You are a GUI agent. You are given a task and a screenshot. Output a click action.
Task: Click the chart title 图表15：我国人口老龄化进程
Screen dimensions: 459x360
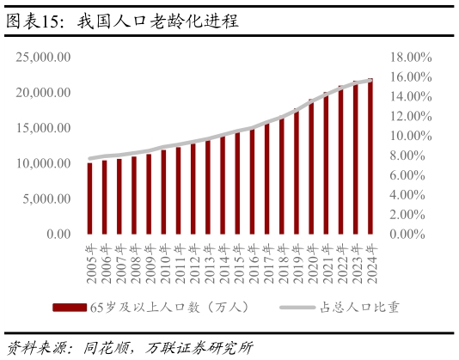point(122,21)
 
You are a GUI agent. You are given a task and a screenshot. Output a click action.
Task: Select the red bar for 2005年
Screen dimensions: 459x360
point(89,198)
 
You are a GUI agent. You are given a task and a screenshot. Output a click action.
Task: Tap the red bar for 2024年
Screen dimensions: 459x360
point(370,156)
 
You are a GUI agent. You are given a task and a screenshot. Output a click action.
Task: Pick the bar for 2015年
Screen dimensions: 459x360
point(237,183)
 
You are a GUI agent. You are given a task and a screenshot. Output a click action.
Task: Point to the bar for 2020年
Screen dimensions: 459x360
point(311,167)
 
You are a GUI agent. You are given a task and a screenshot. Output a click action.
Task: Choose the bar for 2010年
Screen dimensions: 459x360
point(163,192)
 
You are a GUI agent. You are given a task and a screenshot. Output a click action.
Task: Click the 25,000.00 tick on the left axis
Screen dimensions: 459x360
point(43,57)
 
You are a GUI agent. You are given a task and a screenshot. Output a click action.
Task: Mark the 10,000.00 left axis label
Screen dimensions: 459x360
point(43,163)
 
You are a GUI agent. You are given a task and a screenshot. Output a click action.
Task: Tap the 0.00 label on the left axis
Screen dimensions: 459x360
point(58,235)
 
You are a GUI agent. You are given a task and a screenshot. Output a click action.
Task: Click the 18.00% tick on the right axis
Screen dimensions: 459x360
point(411,57)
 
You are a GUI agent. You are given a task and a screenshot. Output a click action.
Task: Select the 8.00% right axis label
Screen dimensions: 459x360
point(407,156)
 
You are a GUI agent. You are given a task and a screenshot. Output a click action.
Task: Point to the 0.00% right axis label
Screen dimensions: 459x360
point(407,235)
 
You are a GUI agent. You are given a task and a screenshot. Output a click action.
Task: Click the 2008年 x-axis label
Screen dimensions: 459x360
point(134,265)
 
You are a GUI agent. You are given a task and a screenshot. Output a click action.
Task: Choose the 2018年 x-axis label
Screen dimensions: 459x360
point(282,265)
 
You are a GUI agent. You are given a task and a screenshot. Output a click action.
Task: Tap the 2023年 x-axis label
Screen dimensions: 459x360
point(355,265)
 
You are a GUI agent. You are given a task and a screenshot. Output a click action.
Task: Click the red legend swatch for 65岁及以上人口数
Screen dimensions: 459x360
point(70,308)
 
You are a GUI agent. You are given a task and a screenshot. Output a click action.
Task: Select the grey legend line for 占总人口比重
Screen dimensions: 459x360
point(297,308)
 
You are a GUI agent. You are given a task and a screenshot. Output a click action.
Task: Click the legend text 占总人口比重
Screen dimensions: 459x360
point(360,308)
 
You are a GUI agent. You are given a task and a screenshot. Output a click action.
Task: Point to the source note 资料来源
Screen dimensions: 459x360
point(130,348)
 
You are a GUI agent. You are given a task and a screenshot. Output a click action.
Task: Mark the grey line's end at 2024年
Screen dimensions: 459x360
point(370,80)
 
